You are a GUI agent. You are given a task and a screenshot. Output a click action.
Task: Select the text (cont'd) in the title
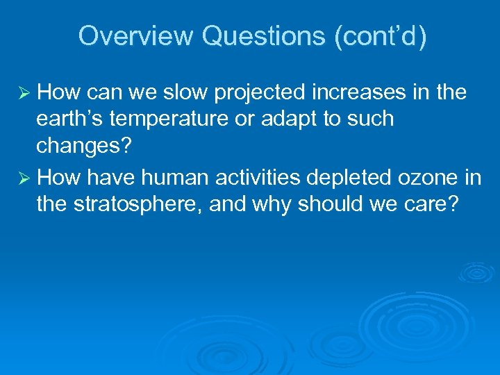pyautogui.click(x=381, y=36)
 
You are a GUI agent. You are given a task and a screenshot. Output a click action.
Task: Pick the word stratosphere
pyautogui.click(x=129, y=206)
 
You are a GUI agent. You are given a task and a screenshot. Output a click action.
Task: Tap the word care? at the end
pyautogui.click(x=433, y=206)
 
